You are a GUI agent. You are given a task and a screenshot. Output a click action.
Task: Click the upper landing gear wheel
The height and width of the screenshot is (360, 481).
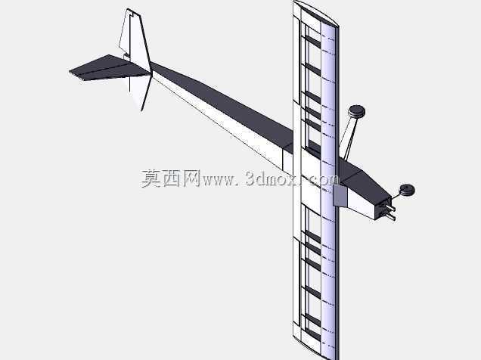[356, 111]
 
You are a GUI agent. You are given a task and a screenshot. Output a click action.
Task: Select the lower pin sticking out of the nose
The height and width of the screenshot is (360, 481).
[389, 216]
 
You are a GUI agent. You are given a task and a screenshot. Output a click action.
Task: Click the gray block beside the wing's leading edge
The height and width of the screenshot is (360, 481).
[340, 196]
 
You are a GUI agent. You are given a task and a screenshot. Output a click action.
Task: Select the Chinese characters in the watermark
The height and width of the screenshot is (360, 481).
[170, 178]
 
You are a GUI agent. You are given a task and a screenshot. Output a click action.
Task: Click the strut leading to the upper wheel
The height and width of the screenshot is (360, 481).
[348, 135]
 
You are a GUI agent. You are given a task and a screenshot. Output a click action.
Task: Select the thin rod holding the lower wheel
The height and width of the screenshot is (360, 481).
[398, 195]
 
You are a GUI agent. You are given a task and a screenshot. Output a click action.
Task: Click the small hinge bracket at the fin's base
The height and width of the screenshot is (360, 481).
[126, 56]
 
